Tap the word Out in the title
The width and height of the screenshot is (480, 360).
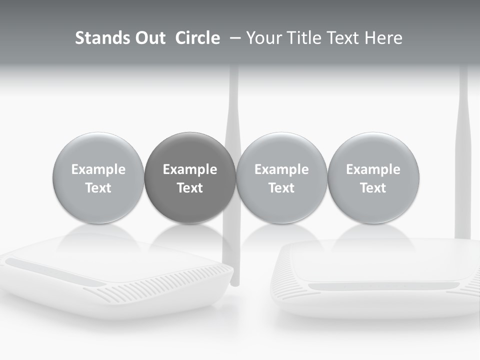(149, 38)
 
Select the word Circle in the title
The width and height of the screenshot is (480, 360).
(197, 38)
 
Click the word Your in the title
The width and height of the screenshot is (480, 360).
(263, 38)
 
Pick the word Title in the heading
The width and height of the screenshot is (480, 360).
(303, 38)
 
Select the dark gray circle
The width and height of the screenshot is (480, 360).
(190, 177)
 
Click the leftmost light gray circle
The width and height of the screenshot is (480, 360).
(98, 177)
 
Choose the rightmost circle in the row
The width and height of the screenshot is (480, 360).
(373, 177)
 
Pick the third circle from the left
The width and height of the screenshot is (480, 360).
(281, 177)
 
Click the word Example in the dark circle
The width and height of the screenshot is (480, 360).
(190, 169)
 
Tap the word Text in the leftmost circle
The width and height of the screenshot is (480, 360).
(98, 188)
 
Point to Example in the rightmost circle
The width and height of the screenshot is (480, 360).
(373, 169)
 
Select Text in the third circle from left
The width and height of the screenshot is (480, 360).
(281, 188)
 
